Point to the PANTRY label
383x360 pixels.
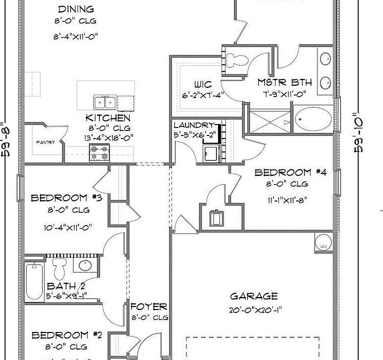click(x=44, y=142)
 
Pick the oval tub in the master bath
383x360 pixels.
click(x=313, y=119)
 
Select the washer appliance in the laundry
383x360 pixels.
click(x=211, y=152)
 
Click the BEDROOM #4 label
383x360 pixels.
click(x=290, y=173)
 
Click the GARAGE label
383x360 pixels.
click(x=254, y=296)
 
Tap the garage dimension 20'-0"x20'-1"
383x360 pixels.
click(x=254, y=309)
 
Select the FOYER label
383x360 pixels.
click(x=148, y=306)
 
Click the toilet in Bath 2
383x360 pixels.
click(x=60, y=268)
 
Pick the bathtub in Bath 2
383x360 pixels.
click(x=34, y=281)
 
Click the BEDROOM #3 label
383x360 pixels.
click(x=66, y=198)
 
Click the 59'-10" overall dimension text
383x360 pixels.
click(x=358, y=132)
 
